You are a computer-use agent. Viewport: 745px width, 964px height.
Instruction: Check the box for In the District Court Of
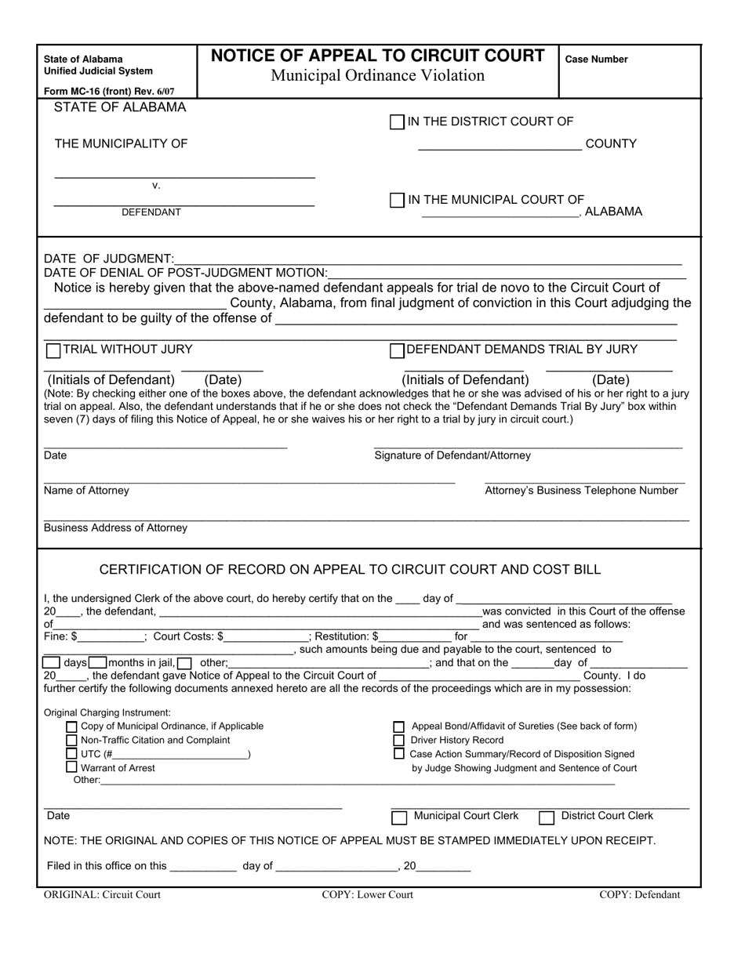(397, 122)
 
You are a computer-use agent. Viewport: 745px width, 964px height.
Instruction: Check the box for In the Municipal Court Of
(397, 201)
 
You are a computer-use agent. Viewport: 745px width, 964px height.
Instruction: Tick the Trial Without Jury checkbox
(53, 350)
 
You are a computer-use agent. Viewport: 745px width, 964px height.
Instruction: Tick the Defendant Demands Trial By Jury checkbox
(397, 350)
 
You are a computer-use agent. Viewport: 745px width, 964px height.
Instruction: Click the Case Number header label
(596, 60)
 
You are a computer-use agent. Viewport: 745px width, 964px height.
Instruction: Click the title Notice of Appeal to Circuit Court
(377, 56)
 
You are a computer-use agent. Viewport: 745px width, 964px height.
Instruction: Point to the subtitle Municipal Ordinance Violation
(377, 76)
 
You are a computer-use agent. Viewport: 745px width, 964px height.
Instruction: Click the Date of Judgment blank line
(427, 260)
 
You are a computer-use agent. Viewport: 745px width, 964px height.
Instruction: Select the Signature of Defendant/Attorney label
(452, 455)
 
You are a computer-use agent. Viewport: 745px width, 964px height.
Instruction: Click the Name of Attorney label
(86, 491)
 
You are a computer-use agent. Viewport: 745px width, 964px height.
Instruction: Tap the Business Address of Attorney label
(115, 528)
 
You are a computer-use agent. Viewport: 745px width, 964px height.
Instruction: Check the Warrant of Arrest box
(72, 767)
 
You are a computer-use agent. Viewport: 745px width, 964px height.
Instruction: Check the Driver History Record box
(399, 741)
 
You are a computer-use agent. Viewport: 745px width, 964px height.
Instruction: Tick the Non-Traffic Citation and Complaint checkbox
(72, 741)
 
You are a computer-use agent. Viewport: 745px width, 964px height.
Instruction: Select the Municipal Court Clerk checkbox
(399, 817)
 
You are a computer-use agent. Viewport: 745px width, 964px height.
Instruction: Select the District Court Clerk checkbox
(547, 817)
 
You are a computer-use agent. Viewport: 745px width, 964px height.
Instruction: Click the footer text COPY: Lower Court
(367, 895)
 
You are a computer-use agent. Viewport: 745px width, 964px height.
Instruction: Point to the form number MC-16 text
(109, 91)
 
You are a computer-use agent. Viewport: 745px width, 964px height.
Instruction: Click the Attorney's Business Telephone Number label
(581, 491)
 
